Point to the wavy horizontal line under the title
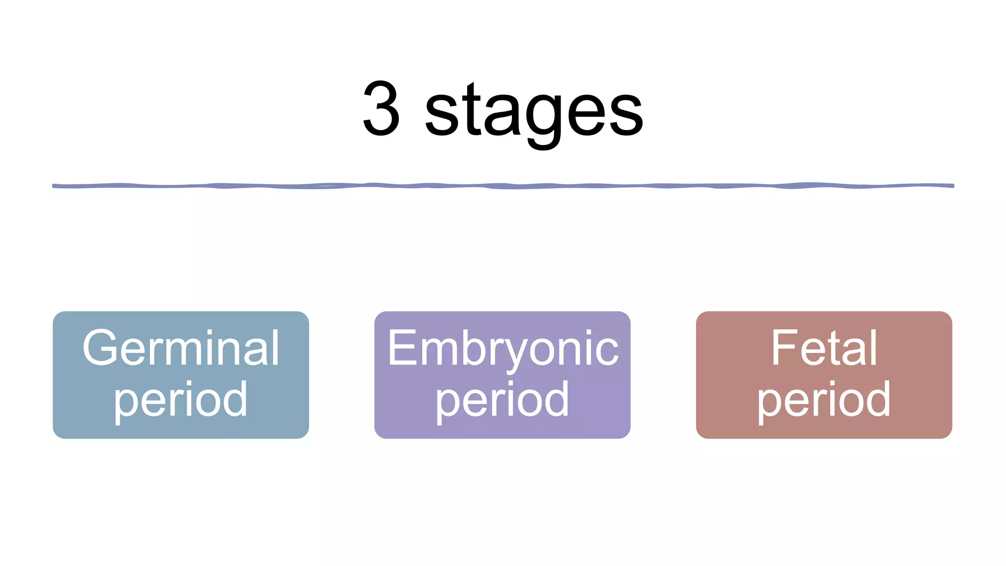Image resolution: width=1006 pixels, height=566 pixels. pos(503,186)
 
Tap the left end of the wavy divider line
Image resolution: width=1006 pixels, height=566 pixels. pos(55,186)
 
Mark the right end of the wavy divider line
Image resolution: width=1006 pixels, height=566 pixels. pos(952,186)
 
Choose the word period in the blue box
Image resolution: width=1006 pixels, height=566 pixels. pos(181,400)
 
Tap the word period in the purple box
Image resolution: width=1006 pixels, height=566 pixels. pos(503,400)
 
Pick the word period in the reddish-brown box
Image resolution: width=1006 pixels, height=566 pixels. pos(824,400)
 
